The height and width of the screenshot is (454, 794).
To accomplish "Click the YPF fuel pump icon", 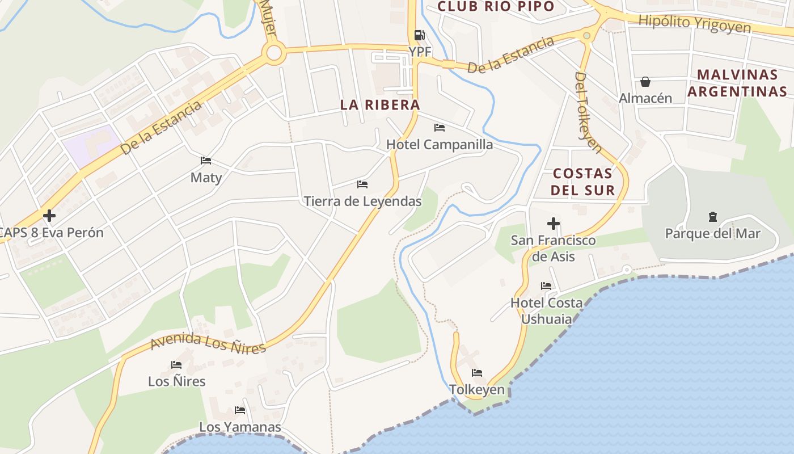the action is pyautogui.click(x=419, y=35).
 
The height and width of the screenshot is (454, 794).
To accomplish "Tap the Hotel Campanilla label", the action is pyautogui.click(x=440, y=145).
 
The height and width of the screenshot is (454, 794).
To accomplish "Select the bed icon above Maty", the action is pyautogui.click(x=206, y=161).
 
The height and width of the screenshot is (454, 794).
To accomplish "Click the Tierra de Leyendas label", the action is pyautogui.click(x=363, y=201).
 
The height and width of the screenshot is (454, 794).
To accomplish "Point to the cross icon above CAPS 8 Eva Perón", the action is pyautogui.click(x=49, y=216).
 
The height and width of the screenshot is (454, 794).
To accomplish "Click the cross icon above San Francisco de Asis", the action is pyautogui.click(x=553, y=224).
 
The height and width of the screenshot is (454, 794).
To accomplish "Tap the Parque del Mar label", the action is pyautogui.click(x=712, y=234).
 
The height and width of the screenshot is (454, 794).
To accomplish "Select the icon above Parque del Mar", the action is pyautogui.click(x=712, y=216).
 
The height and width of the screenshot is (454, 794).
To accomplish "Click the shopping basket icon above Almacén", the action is pyautogui.click(x=645, y=82).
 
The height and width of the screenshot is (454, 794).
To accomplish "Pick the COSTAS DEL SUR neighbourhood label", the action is pyautogui.click(x=583, y=182).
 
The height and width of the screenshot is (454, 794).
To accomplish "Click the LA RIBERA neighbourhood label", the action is pyautogui.click(x=380, y=105).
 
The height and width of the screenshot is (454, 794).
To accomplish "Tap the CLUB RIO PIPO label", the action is pyautogui.click(x=496, y=7).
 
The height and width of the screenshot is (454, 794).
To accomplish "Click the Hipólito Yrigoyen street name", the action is pyautogui.click(x=695, y=23).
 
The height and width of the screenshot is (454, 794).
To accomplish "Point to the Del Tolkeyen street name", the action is pyautogui.click(x=588, y=112).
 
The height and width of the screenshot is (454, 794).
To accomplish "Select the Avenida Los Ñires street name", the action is pyautogui.click(x=208, y=343).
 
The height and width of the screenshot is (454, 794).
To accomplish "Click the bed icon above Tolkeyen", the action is pyautogui.click(x=477, y=373).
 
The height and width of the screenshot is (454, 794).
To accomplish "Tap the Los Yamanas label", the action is pyautogui.click(x=240, y=427).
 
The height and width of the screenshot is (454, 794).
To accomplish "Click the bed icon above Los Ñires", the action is pyautogui.click(x=176, y=364).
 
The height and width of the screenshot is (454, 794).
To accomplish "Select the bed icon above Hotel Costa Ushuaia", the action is pyautogui.click(x=546, y=285).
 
